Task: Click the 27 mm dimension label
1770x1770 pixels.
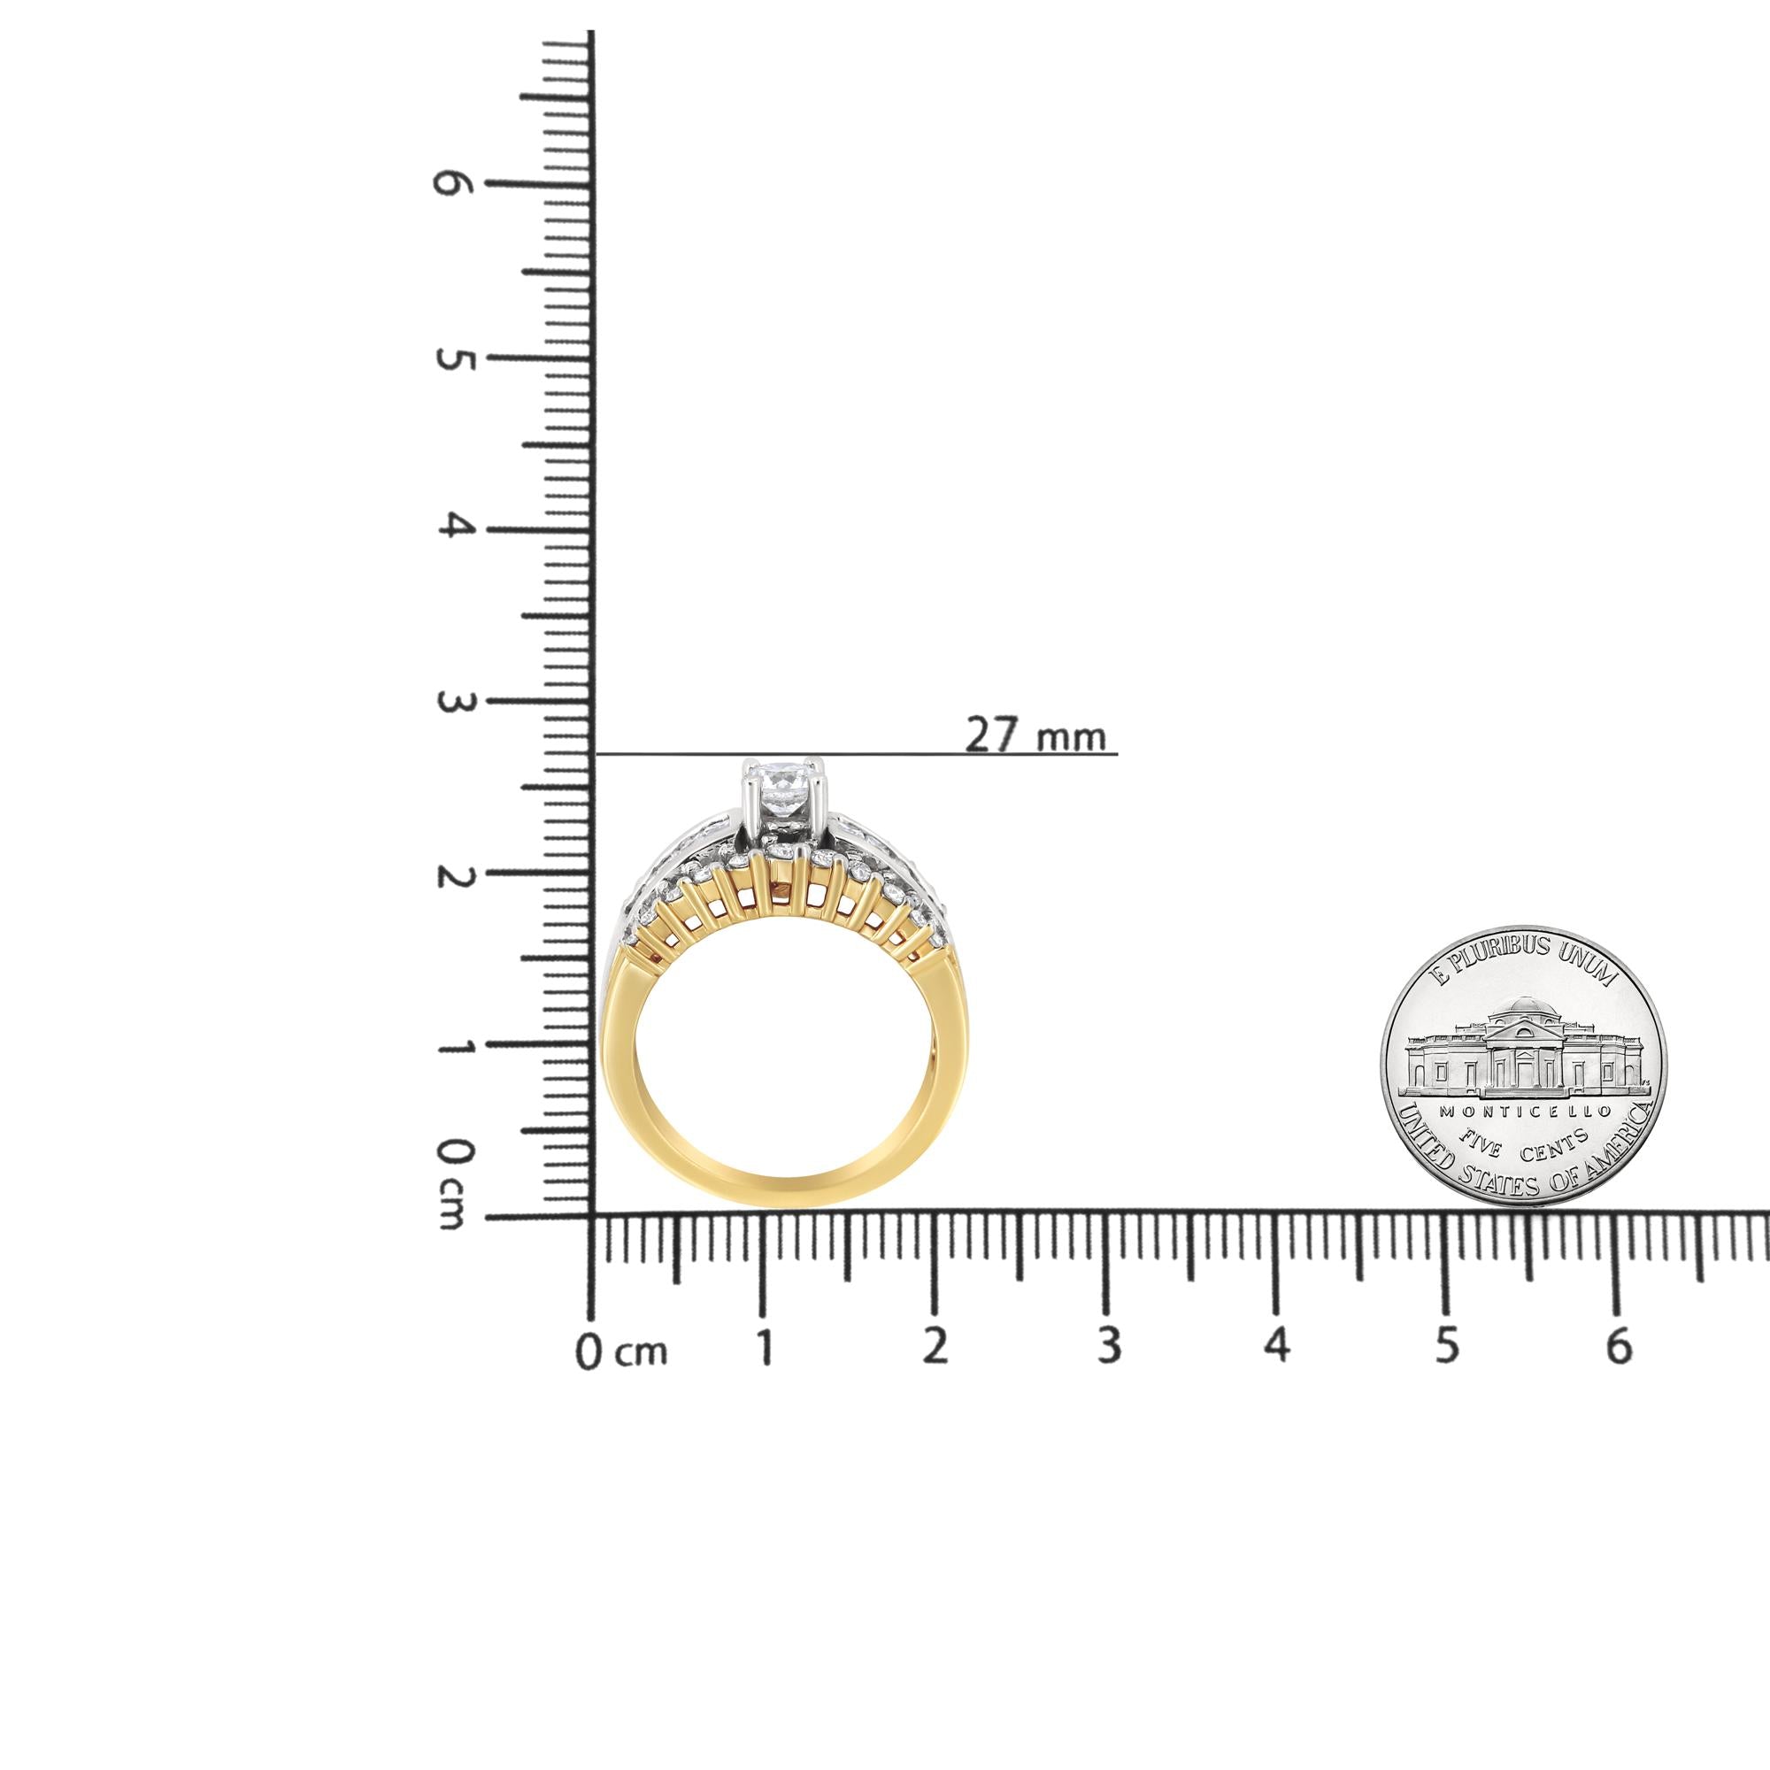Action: [1036, 735]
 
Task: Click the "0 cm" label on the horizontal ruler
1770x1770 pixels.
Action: [621, 1352]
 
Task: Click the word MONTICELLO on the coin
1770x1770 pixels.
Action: [1525, 1111]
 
